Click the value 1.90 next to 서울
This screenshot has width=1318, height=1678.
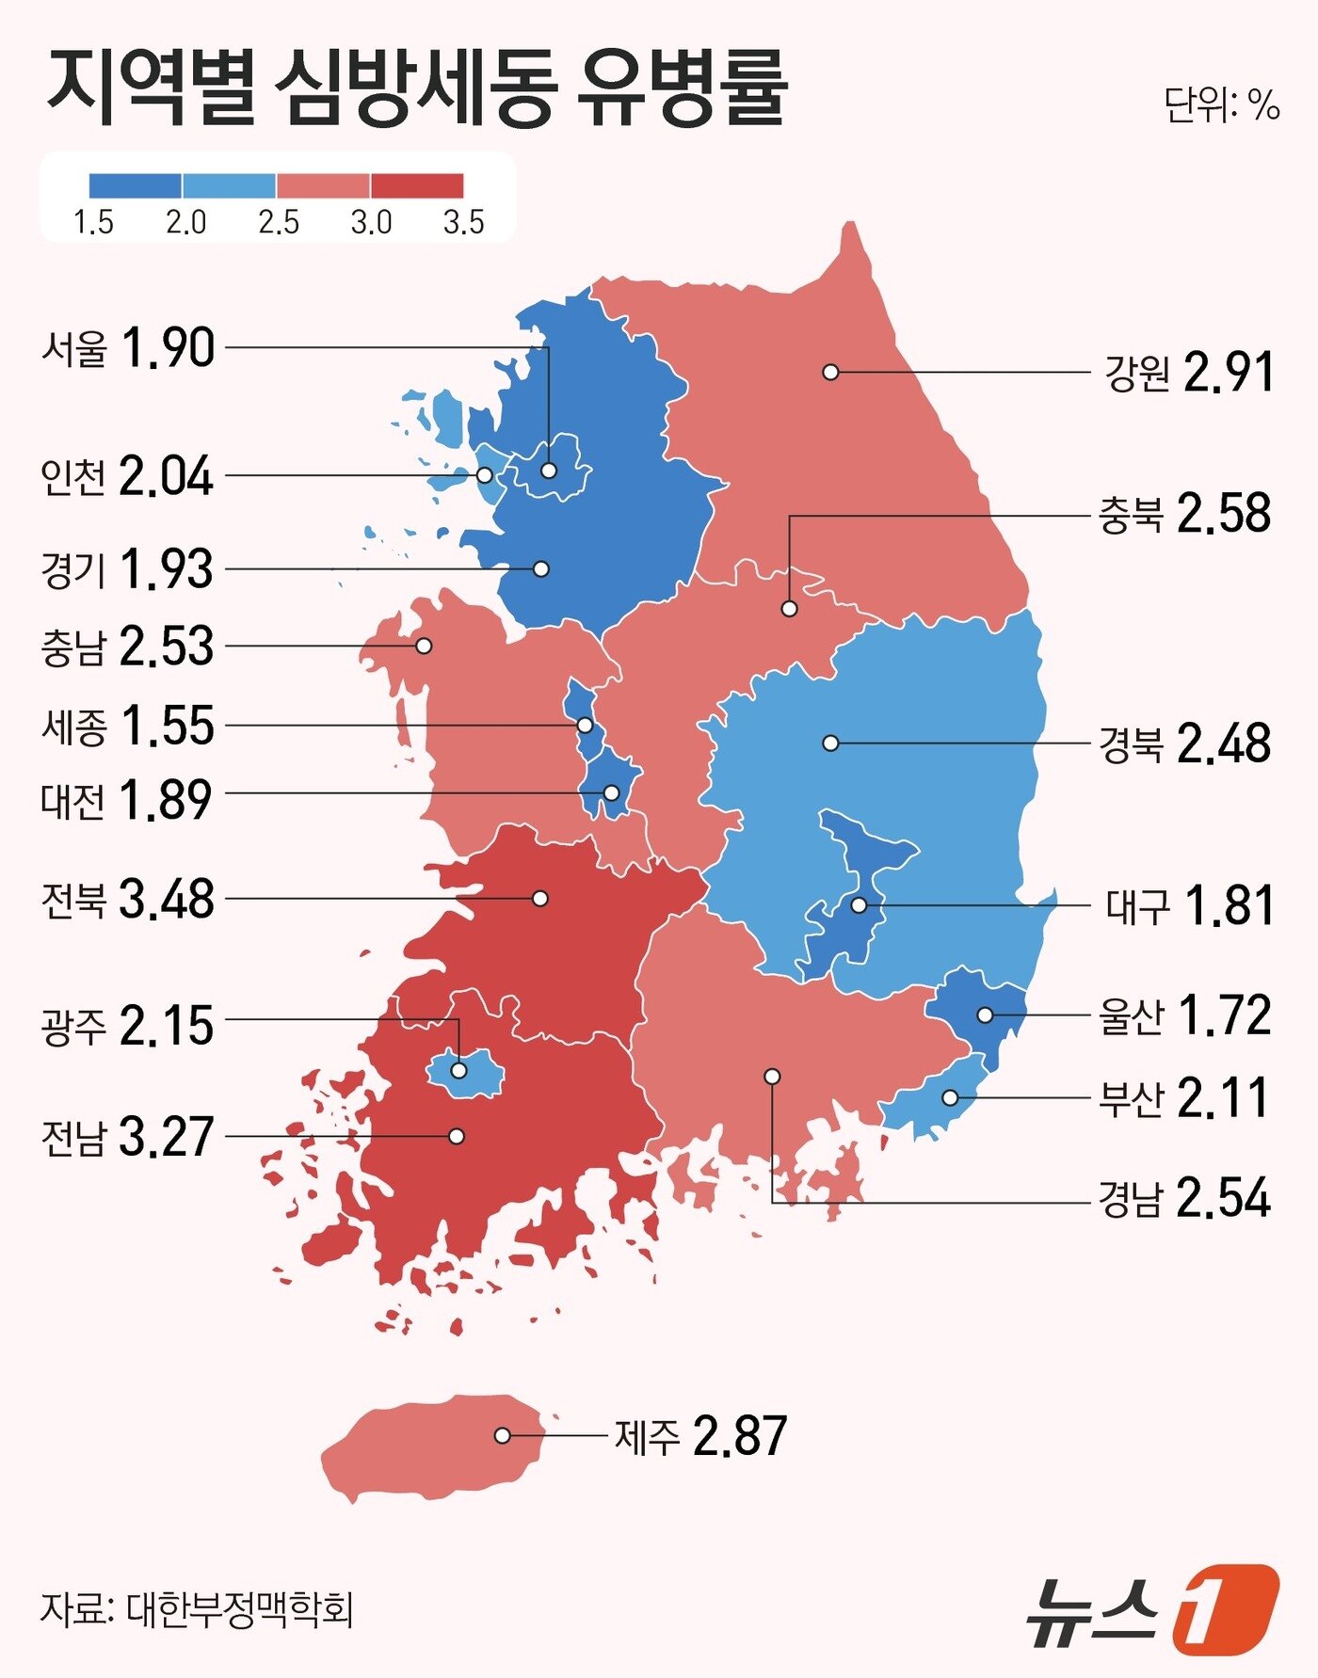click(x=168, y=348)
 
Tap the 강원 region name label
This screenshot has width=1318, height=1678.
click(x=1136, y=374)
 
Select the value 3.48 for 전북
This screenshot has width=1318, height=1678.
click(x=167, y=900)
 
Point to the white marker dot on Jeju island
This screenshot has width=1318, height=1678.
click(x=503, y=1435)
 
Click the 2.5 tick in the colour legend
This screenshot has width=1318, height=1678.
click(x=279, y=223)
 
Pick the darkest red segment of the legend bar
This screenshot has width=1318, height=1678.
click(x=417, y=185)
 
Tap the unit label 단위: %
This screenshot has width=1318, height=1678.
click(x=1221, y=104)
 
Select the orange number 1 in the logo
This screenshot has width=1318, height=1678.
click(x=1226, y=1608)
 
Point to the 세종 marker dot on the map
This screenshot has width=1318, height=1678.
click(x=585, y=726)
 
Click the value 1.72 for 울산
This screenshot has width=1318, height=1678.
click(x=1225, y=1015)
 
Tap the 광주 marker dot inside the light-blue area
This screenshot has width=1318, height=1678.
click(x=458, y=1070)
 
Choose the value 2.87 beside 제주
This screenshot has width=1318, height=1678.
click(x=739, y=1436)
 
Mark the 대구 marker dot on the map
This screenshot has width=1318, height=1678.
click(x=859, y=905)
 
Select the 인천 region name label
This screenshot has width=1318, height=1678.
click(x=73, y=477)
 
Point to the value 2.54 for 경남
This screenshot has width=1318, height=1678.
click(x=1224, y=1198)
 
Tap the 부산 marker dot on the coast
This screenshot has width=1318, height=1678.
click(x=950, y=1097)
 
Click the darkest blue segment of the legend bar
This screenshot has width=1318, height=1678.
click(x=136, y=185)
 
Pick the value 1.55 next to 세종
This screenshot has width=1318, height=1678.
click(x=168, y=727)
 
